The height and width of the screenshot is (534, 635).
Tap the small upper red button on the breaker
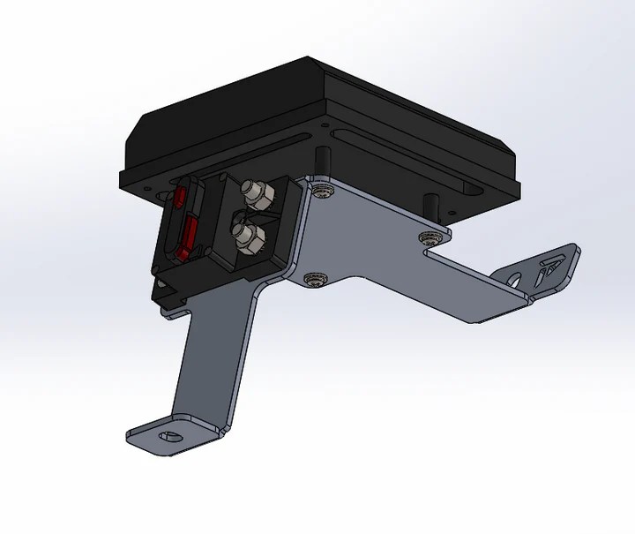click(x=179, y=195)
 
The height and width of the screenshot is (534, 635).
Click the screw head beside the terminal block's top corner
click(x=324, y=190)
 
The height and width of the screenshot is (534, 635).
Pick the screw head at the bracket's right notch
click(x=430, y=237)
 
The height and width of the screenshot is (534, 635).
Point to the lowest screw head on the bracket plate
click(x=312, y=280)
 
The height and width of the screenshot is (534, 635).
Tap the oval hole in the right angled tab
click(x=515, y=278)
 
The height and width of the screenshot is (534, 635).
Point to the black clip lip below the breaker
click(x=172, y=291)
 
